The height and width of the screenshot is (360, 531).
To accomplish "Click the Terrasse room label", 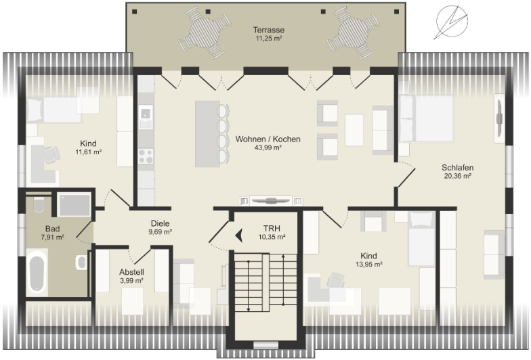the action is click(268, 30).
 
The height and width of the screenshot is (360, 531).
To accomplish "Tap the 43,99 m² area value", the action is click(268, 148).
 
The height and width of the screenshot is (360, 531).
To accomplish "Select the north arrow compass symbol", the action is click(451, 22).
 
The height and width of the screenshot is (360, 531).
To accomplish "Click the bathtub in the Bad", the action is click(37, 272).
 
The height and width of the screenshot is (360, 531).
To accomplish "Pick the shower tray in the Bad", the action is click(74, 205).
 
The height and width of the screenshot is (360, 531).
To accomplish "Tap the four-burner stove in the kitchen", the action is click(146, 156).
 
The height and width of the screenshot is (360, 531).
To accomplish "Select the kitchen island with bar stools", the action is click(212, 134).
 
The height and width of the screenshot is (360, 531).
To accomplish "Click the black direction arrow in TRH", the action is click(239, 235).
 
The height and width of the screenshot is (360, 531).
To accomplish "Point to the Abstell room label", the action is click(131, 272).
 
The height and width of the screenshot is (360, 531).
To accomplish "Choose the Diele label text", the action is click(160, 223).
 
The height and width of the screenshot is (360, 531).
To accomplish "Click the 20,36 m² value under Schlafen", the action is click(458, 176).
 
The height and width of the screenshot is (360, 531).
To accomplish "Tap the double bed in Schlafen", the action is click(427, 118).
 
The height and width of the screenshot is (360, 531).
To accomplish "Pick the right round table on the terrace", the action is click(353, 33).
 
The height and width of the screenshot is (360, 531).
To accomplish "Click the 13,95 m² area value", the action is click(368, 264).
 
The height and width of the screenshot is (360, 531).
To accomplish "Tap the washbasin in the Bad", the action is click(81, 262).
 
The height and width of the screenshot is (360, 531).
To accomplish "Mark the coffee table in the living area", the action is click(354, 130).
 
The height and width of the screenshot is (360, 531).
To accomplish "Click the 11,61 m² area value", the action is click(89, 152).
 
